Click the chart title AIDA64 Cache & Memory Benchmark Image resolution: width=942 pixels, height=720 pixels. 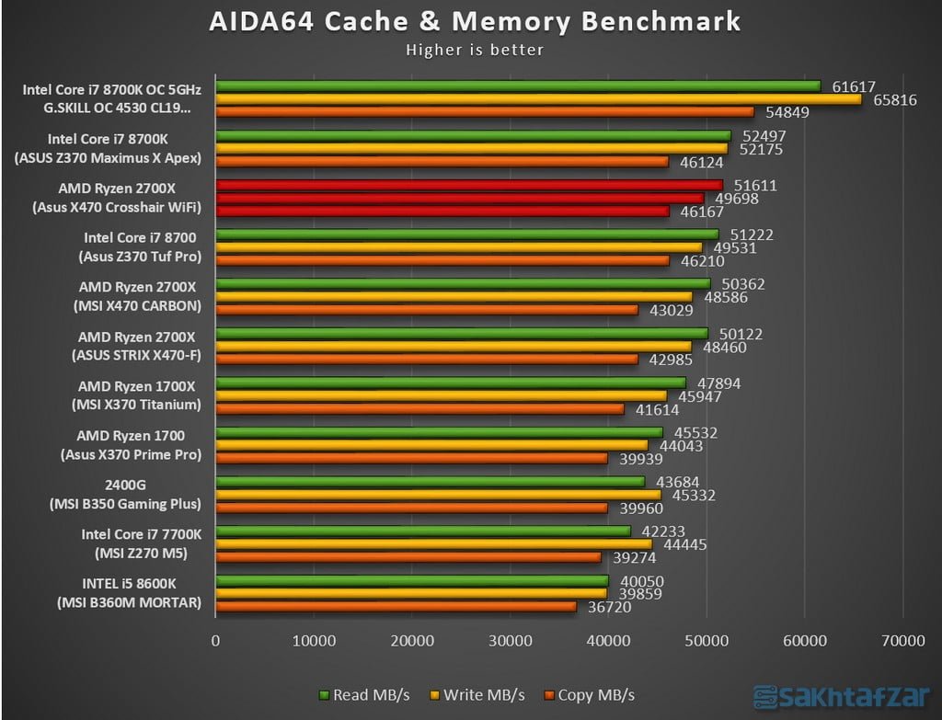[475, 20]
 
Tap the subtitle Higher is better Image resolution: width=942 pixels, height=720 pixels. [475, 50]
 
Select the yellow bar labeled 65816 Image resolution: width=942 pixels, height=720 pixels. [538, 99]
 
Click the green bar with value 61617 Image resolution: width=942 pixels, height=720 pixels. [518, 86]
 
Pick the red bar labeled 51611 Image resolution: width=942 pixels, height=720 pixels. [469, 185]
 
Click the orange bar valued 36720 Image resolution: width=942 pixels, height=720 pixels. [396, 606]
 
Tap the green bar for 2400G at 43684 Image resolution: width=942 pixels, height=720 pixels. [431, 482]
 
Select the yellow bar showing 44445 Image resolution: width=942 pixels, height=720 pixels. [433, 544]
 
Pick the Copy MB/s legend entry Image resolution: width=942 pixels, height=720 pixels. [590, 694]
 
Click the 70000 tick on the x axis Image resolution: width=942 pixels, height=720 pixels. [902, 641]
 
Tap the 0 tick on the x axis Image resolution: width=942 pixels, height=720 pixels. [216, 641]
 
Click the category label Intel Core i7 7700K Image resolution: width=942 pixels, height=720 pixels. [141, 534]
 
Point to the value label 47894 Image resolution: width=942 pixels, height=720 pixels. [718, 383]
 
